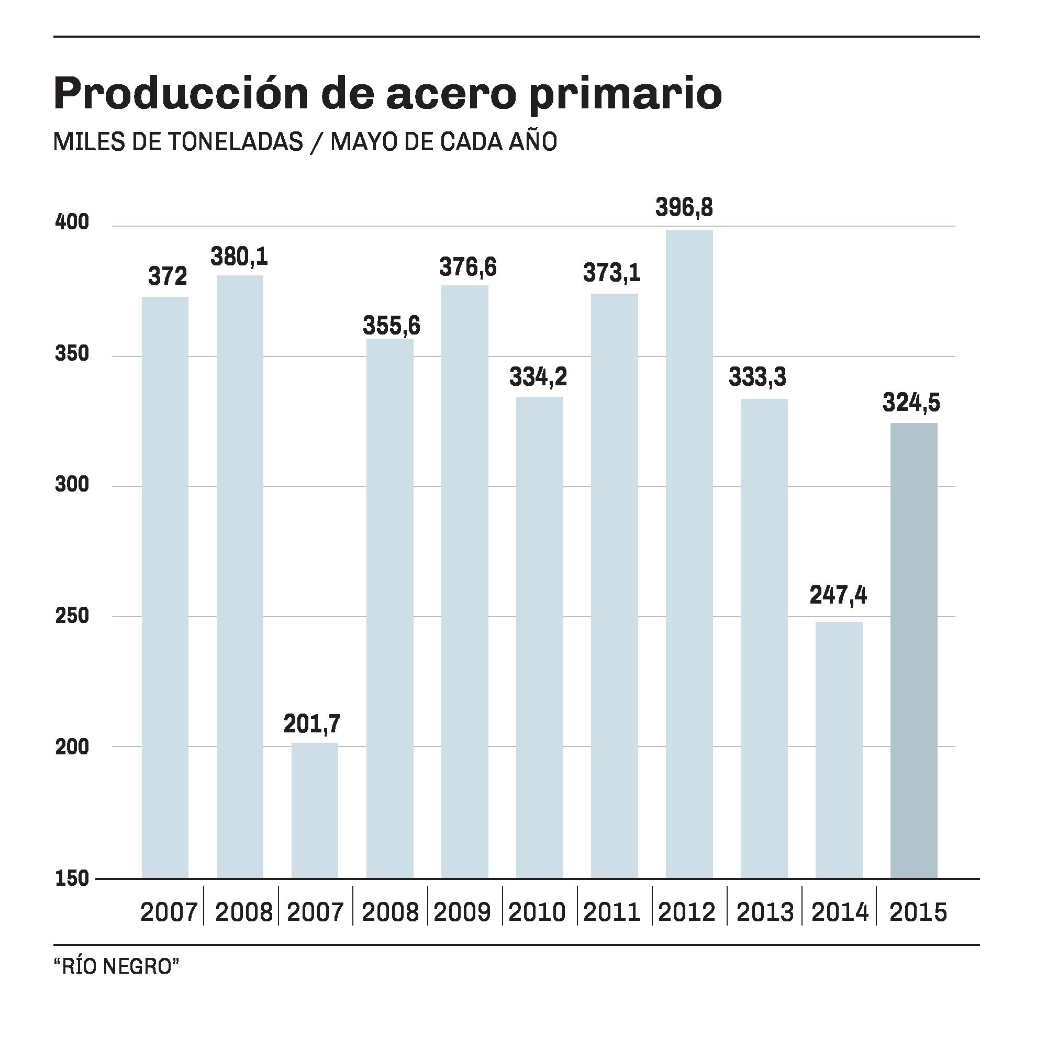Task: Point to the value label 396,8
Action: [x=684, y=207]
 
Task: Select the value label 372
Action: [x=168, y=277]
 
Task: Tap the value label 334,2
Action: [x=538, y=377]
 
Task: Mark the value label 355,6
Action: [x=391, y=326]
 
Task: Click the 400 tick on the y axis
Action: [x=72, y=222]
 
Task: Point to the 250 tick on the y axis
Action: [x=72, y=616]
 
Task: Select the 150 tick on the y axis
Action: [x=72, y=878]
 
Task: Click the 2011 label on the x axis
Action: [x=612, y=913]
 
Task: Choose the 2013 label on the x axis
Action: [x=765, y=913]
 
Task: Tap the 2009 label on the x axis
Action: [x=462, y=913]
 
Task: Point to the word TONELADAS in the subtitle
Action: [x=235, y=142]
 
